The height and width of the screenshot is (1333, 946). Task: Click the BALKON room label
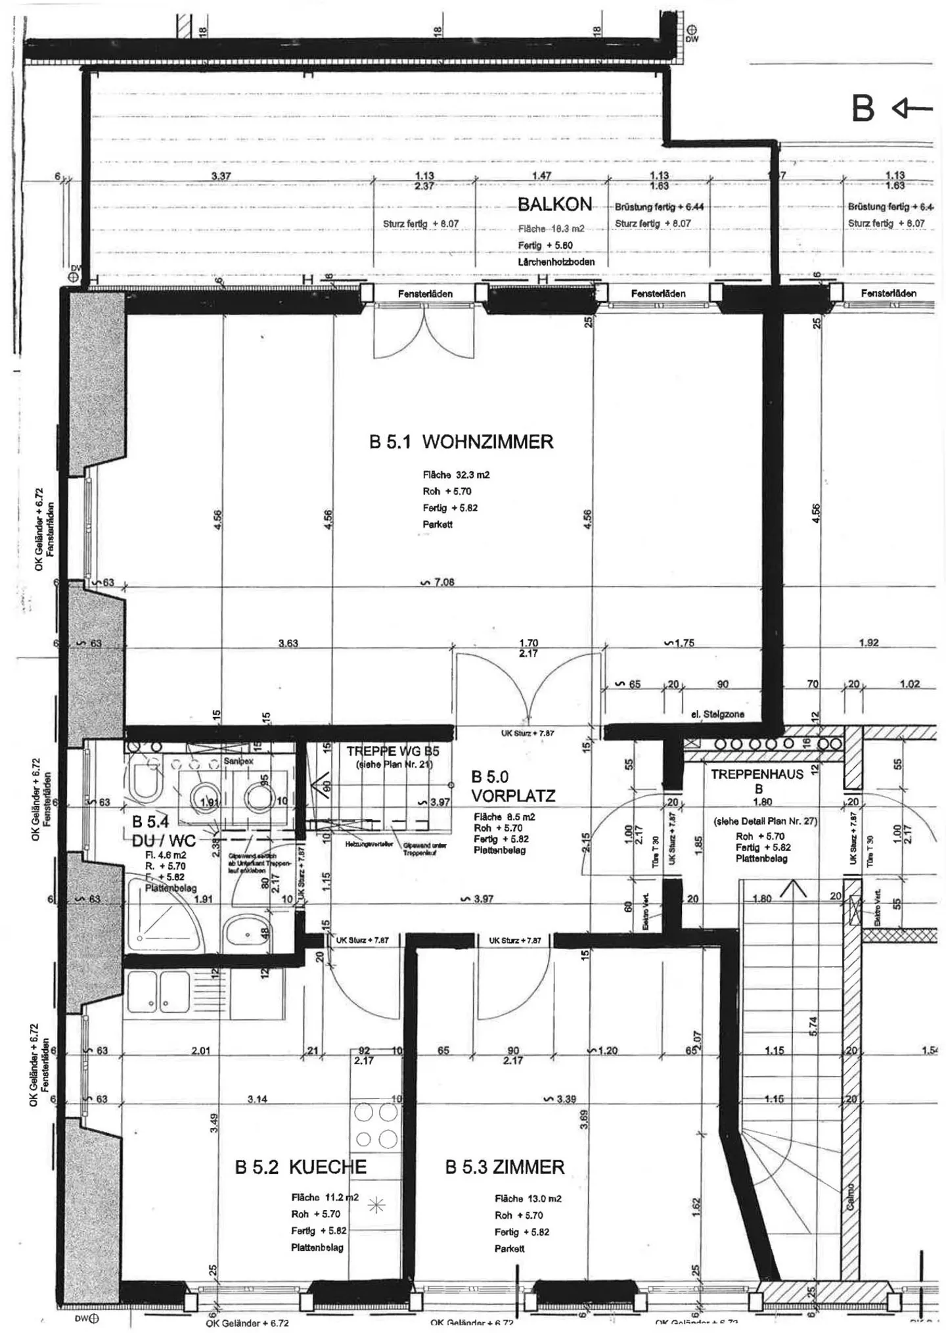point(554,204)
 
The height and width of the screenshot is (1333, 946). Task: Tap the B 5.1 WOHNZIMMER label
point(461,442)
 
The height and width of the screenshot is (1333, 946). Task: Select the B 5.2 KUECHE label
point(301,1167)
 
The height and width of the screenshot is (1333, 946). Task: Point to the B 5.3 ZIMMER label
point(505,1167)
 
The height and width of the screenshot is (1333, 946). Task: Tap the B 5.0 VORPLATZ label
point(513,787)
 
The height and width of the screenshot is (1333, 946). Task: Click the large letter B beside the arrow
point(863,109)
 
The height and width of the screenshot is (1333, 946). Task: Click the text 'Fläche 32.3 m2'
point(456,475)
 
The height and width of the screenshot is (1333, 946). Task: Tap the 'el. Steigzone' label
point(717,714)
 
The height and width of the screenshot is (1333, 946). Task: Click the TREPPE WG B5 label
point(393,751)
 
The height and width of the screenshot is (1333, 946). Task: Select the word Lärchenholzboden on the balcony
point(556,262)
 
